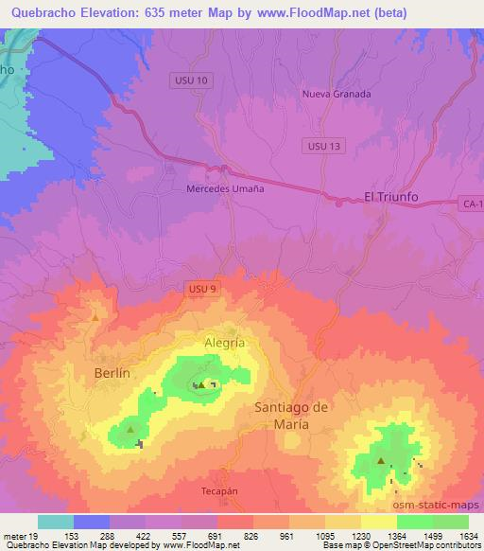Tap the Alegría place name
225,343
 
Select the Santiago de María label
292,416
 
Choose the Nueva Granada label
337,95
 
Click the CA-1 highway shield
473,204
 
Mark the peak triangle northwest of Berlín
95,317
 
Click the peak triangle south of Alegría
201,384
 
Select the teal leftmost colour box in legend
56,522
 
